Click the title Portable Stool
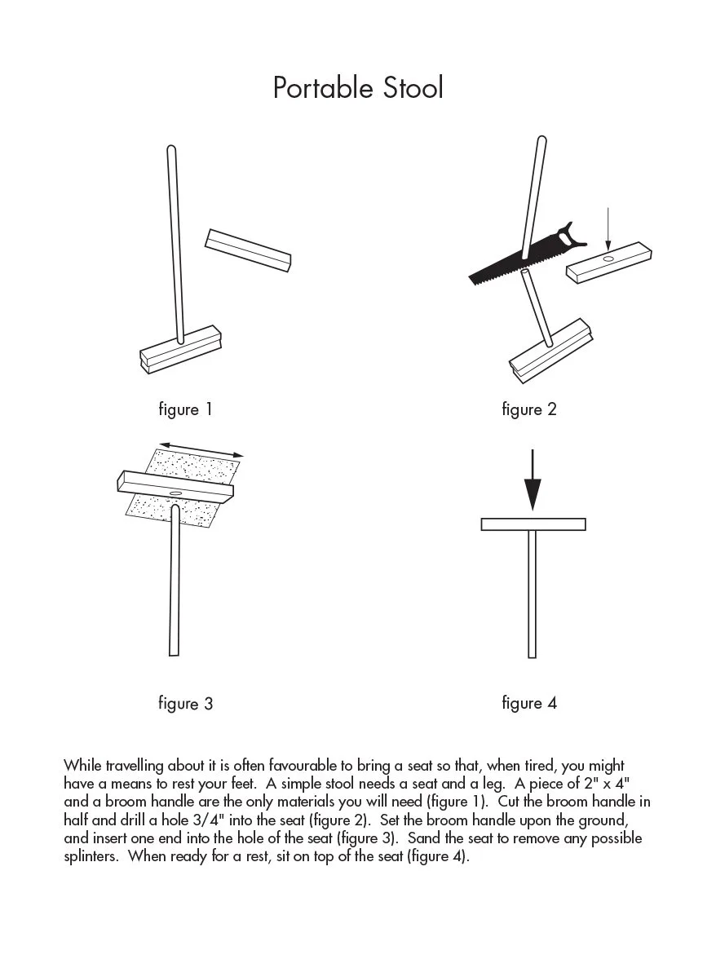coord(358,88)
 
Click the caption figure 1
coord(185,409)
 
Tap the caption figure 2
coord(529,409)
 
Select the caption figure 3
coord(185,703)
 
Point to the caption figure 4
coord(529,702)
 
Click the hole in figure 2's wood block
coord(608,258)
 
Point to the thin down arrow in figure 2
coord(608,228)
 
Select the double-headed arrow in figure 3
coord(201,449)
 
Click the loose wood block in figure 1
coord(248,250)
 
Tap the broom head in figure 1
coord(179,349)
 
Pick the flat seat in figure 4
coord(533,524)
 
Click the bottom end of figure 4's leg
coord(533,654)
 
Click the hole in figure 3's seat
coord(175,493)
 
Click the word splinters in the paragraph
coord(92,857)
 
